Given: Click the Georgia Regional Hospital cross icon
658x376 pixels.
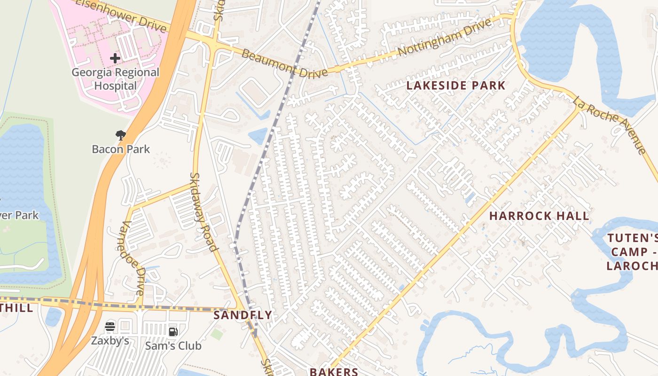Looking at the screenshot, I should click(115, 58).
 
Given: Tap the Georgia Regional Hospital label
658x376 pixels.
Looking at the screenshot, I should click(115, 79).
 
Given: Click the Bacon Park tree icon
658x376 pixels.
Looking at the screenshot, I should click(121, 136).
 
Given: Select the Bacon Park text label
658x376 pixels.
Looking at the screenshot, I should click(121, 149).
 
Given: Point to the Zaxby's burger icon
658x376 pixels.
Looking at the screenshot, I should click(110, 327).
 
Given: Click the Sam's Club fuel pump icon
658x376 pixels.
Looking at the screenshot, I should click(173, 332).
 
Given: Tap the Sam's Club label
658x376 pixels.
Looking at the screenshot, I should click(173, 346).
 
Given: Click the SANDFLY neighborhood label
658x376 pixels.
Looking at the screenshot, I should click(243, 315).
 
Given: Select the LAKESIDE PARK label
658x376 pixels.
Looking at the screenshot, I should click(455, 86).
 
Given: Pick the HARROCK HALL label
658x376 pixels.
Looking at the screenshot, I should click(539, 216).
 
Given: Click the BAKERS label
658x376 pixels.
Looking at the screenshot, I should click(334, 372).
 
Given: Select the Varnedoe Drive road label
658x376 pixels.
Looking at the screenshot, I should click(133, 258).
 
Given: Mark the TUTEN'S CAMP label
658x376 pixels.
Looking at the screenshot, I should click(632, 251).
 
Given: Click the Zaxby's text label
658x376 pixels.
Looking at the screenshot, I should click(110, 341).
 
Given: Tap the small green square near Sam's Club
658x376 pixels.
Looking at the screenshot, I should click(217, 335).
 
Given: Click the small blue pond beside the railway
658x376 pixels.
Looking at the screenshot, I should click(258, 136).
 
